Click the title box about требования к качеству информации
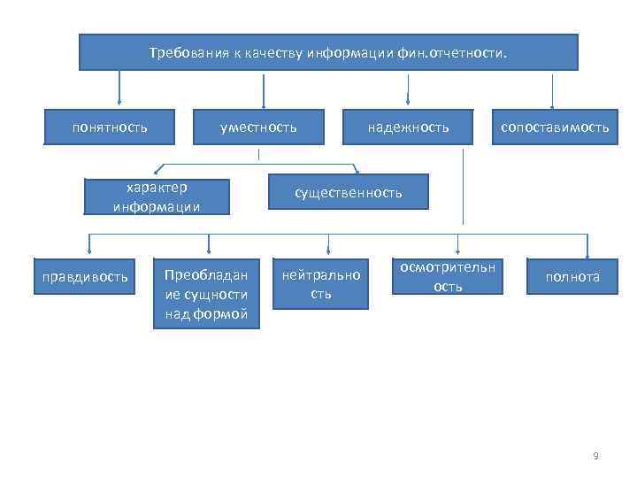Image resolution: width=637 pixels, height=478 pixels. (x=328, y=52)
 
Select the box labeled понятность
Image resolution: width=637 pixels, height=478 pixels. (x=110, y=127)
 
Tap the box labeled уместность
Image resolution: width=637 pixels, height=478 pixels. (x=258, y=127)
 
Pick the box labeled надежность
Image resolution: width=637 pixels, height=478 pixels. (x=408, y=127)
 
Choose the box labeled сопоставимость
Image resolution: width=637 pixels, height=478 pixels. (x=555, y=127)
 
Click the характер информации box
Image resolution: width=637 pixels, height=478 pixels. (x=157, y=197)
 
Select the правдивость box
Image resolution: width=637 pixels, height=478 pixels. (x=86, y=277)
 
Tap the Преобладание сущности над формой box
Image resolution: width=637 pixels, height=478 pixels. (x=207, y=294)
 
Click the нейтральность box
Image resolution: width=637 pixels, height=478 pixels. (x=321, y=284)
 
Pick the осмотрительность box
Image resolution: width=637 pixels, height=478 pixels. (x=448, y=276)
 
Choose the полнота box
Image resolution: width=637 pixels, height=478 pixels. (x=572, y=277)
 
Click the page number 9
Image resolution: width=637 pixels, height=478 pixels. (x=595, y=456)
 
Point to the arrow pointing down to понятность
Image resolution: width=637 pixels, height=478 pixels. (x=119, y=90)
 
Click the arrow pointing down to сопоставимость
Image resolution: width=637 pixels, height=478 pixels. (x=553, y=90)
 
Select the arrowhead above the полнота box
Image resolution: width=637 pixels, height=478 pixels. (x=587, y=251)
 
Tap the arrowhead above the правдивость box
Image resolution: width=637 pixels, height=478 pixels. (x=88, y=251)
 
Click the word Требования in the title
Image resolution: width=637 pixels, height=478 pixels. (x=180, y=53)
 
